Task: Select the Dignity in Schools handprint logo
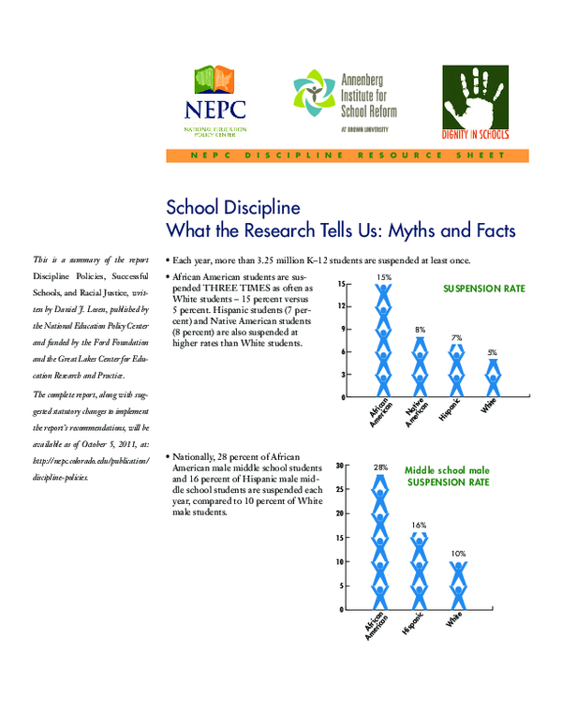pyautogui.click(x=477, y=103)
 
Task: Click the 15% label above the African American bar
pyautogui.click(x=383, y=277)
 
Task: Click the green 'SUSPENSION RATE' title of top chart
pyautogui.click(x=483, y=289)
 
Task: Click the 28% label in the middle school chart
pyautogui.click(x=380, y=467)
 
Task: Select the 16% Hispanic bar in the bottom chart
pyautogui.click(x=419, y=570)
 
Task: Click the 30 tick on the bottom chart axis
pyautogui.click(x=339, y=464)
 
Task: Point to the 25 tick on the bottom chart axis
pyautogui.click(x=339, y=488)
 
